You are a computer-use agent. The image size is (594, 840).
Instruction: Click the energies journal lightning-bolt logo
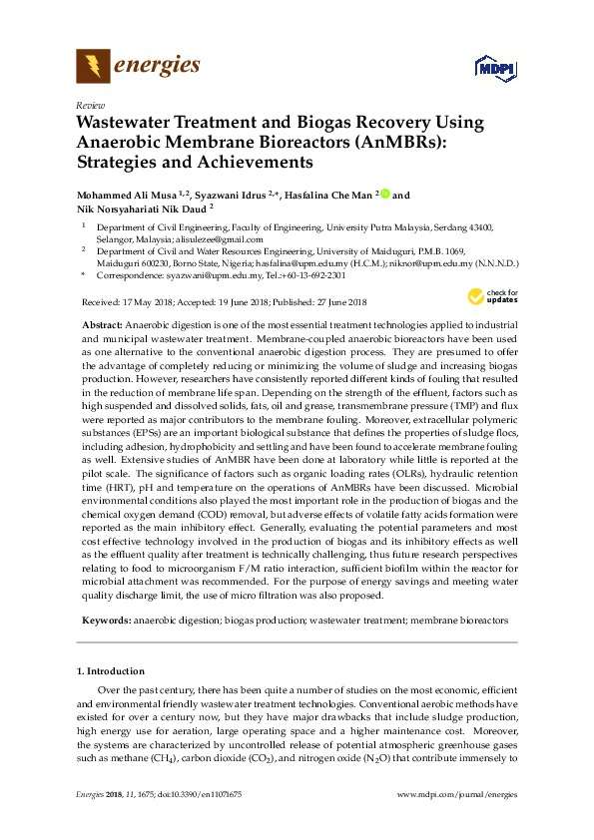pyautogui.click(x=93, y=67)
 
